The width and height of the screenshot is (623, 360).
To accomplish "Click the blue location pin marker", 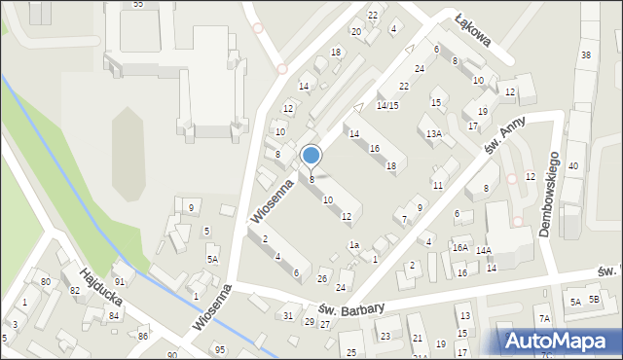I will [311, 156].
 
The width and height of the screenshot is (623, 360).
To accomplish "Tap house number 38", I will [585, 55].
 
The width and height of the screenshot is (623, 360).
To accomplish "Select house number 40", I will [573, 166].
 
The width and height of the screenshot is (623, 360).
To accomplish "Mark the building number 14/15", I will [387, 105].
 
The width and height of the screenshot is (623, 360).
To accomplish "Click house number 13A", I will [433, 133].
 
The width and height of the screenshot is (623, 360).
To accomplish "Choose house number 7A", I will [544, 319].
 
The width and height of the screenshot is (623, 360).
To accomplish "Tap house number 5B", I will [594, 301].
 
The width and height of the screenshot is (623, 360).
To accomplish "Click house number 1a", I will [355, 245].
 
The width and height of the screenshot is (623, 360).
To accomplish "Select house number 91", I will [119, 281].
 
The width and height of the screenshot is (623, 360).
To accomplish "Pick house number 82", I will [74, 291].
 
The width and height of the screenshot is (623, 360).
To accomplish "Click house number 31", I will [287, 315].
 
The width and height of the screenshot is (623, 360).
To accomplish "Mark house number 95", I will [220, 349].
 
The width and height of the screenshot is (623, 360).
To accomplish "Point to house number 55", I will [138, 5].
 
